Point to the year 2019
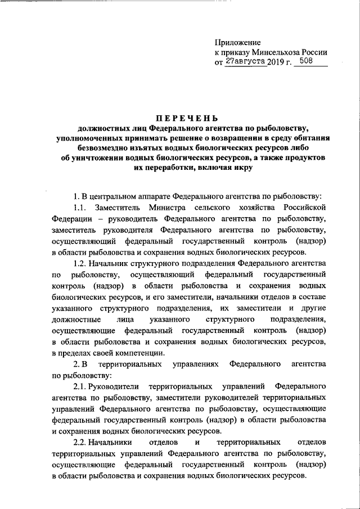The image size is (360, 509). point(277,62)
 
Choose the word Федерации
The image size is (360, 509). point(72,220)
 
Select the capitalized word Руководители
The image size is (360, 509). point(117,388)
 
